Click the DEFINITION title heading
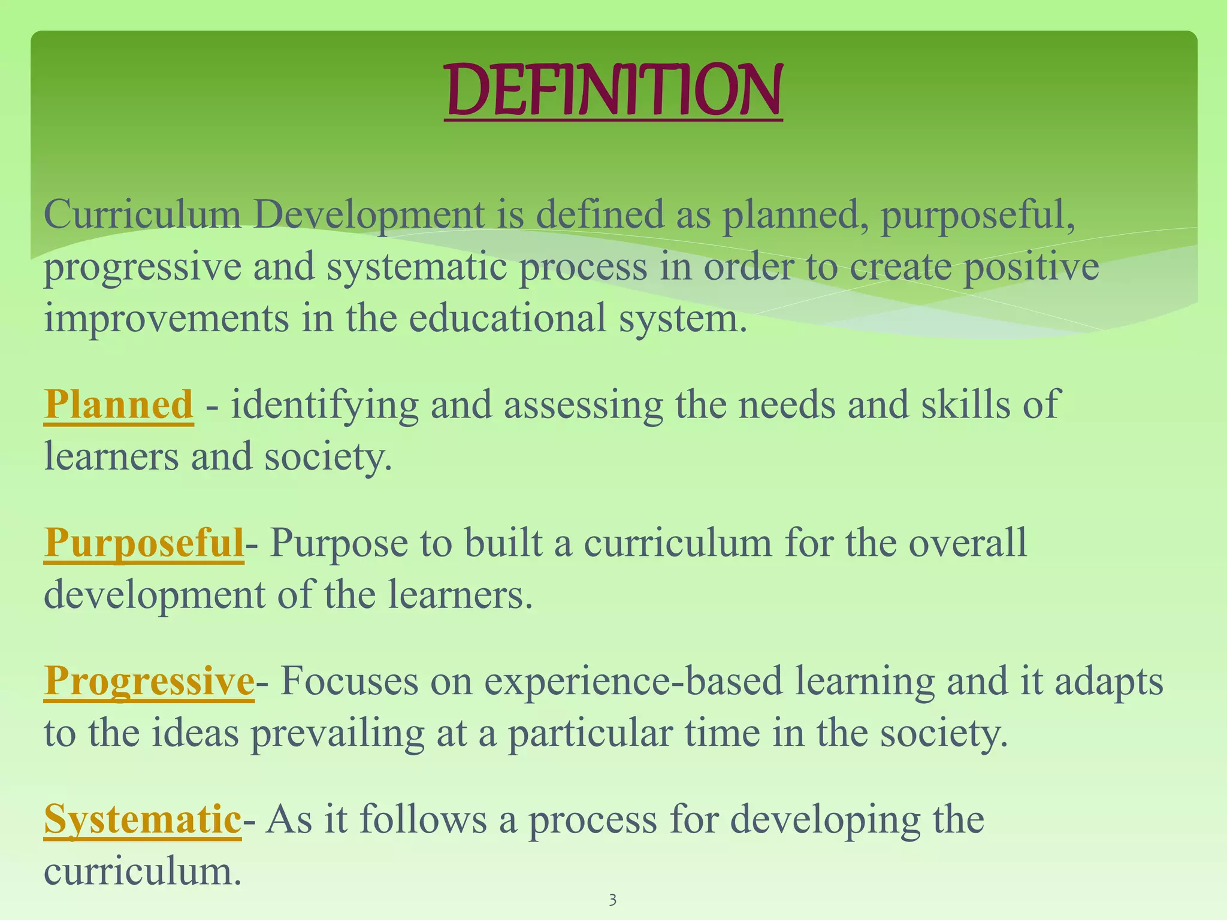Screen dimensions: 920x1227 [613, 91]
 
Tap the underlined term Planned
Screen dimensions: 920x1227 [119, 405]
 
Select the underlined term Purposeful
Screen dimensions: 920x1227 [144, 543]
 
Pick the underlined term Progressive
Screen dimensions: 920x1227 [149, 682]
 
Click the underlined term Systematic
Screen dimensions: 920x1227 [143, 819]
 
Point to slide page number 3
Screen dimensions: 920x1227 [612, 900]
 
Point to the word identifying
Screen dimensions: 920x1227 [324, 405]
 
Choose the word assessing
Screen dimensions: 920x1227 [583, 405]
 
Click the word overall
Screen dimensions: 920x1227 [968, 543]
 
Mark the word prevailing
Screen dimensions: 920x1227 [337, 733]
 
